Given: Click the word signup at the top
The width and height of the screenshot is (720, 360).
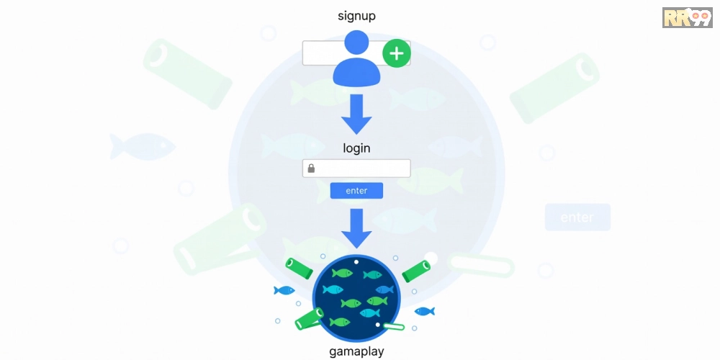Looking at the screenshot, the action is coord(357,17).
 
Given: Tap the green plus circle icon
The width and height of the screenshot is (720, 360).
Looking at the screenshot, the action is coord(396,54).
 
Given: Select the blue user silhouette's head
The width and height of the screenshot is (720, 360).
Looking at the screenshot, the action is coord(357,42).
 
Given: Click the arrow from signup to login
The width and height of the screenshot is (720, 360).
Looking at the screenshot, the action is coord(356,114).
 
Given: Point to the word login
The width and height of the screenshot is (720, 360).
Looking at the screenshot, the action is coord(357,148).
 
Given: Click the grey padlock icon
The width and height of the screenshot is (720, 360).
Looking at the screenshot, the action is coord(311,168).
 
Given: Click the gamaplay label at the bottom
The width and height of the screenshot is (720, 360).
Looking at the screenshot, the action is coord(357,352).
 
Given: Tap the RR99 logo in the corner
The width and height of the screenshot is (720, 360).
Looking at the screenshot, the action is coord(688,17).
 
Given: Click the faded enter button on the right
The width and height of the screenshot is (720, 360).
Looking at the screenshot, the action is coord(577,217).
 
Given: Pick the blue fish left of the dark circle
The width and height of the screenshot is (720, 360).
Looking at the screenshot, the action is coord(284,290).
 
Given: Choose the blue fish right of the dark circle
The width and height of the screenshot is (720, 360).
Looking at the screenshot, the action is coord(425,311).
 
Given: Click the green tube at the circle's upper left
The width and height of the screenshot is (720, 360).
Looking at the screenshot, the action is coord(299,268).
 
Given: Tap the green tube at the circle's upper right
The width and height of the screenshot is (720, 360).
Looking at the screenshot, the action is coord(416,271).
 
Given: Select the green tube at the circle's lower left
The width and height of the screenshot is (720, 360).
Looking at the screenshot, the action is coord(309,319).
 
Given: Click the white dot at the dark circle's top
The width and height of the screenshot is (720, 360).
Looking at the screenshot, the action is coord(356,262).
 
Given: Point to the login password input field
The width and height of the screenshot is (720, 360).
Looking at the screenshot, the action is coord(356,168).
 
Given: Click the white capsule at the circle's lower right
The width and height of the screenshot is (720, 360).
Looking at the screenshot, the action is coord(394,326).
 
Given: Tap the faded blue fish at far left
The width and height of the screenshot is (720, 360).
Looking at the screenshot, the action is coord(143,147).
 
